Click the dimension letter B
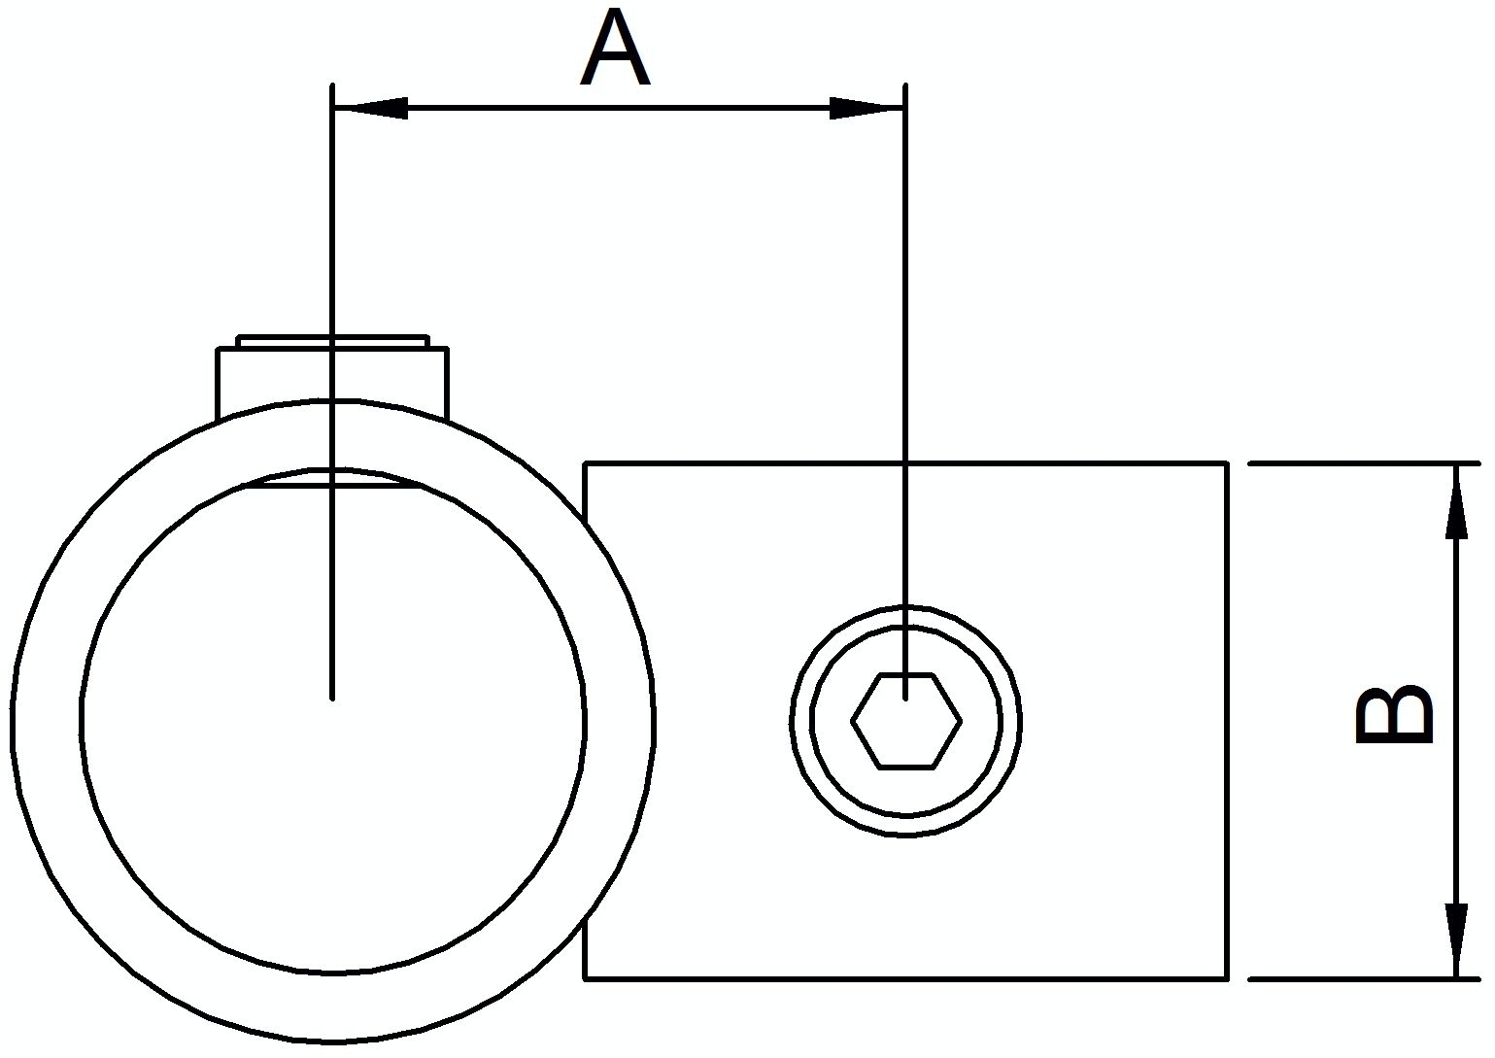tap(1395, 717)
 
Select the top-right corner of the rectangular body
tap(1227, 464)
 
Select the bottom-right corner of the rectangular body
tap(1227, 977)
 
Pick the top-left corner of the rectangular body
tap(585, 464)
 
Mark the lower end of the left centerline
tap(332, 695)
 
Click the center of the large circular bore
tap(333, 720)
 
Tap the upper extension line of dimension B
tap(1360, 464)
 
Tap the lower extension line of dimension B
tap(1360, 978)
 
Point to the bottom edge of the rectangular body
tap(903, 977)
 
